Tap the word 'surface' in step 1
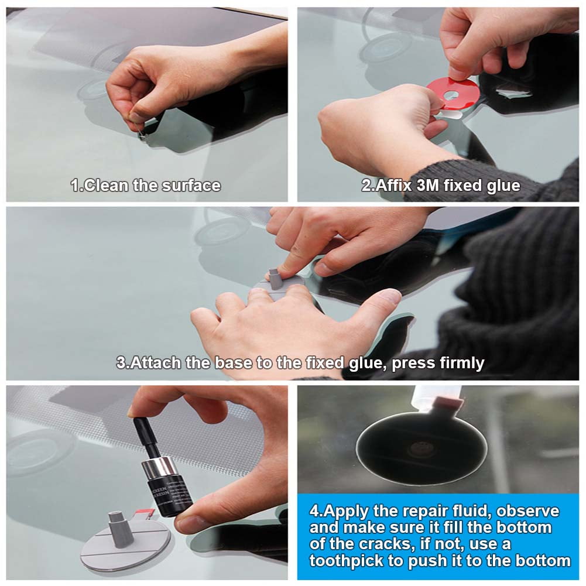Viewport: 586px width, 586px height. [x=193, y=186]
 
